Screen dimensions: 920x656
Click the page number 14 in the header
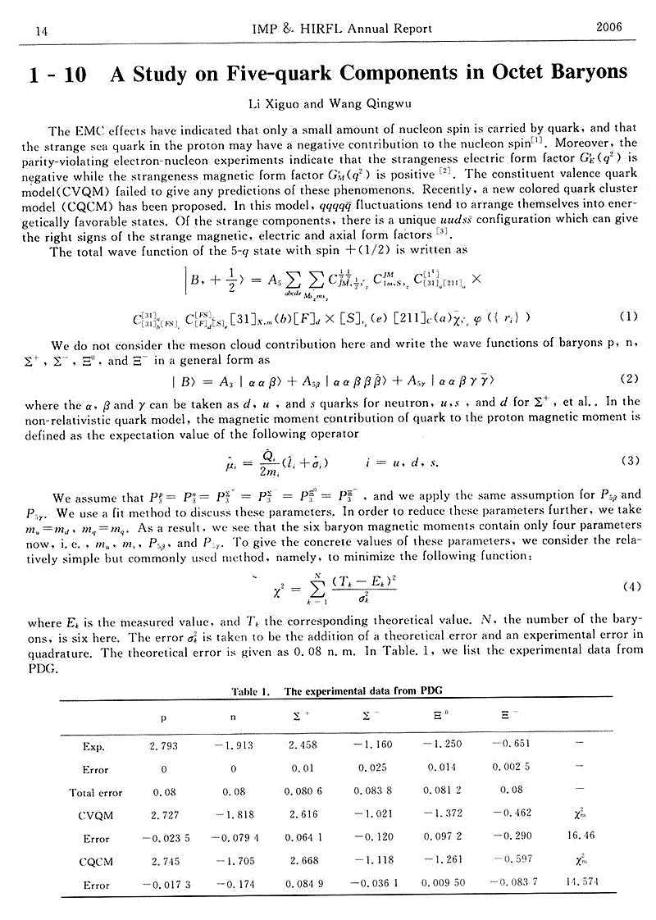coord(39,30)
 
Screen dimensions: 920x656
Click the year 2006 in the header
coord(608,27)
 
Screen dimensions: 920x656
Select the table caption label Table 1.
coord(251,691)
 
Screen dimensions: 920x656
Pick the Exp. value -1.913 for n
coord(233,746)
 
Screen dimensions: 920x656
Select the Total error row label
coord(95,792)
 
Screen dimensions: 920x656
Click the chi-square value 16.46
coord(579,838)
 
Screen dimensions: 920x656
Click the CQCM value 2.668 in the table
coord(303,862)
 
